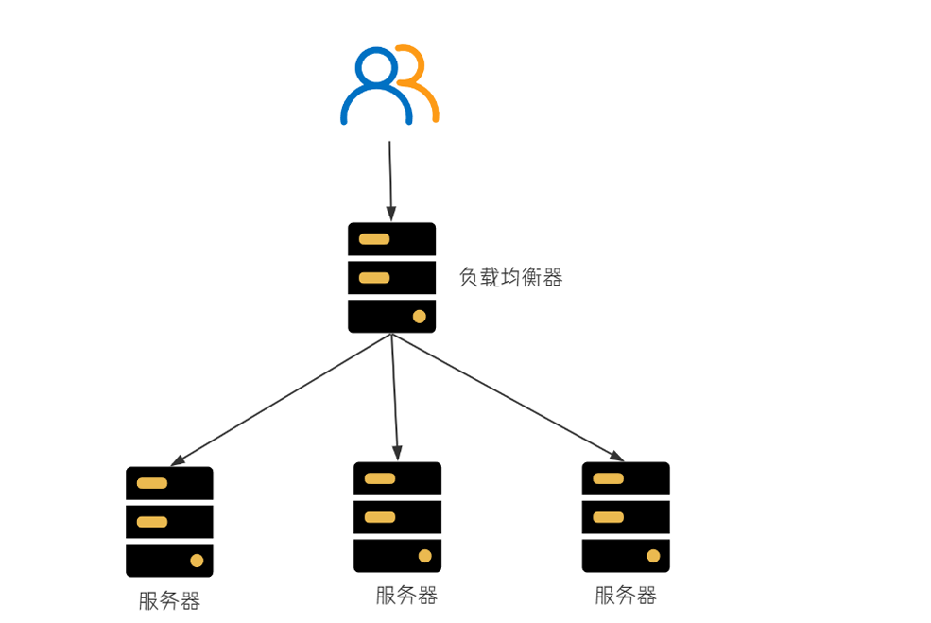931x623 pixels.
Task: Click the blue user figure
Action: click(x=376, y=87)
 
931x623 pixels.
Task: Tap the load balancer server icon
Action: click(x=391, y=277)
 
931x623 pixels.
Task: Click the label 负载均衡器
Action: click(x=510, y=278)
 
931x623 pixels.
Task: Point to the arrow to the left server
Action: click(x=282, y=399)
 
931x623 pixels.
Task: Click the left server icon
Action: click(x=169, y=521)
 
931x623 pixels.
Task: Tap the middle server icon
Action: click(x=397, y=516)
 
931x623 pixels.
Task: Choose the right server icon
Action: click(x=626, y=516)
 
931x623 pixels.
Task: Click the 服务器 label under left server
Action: click(x=169, y=601)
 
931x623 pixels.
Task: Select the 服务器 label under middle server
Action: click(x=406, y=596)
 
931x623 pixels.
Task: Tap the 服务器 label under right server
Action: click(x=626, y=596)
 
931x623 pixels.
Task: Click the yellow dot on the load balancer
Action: click(x=419, y=316)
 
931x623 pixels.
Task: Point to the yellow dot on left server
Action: click(x=197, y=561)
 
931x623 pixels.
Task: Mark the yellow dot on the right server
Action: click(x=653, y=556)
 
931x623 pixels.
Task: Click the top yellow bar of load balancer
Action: click(x=374, y=239)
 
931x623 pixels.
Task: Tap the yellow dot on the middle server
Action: click(x=424, y=556)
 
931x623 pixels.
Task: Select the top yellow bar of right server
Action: click(x=609, y=478)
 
